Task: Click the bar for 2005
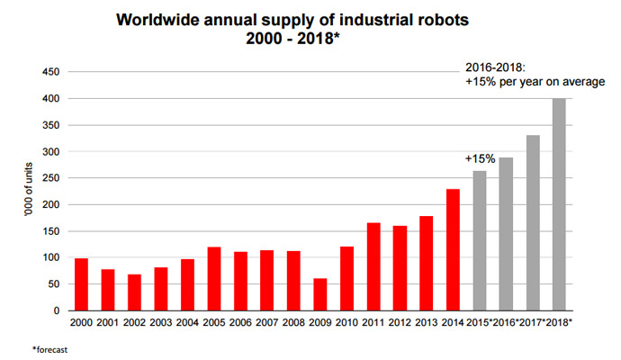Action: [x=213, y=278]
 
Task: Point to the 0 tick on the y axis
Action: [x=61, y=310]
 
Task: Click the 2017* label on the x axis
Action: [x=534, y=322]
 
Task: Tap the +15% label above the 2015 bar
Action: [x=480, y=158]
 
